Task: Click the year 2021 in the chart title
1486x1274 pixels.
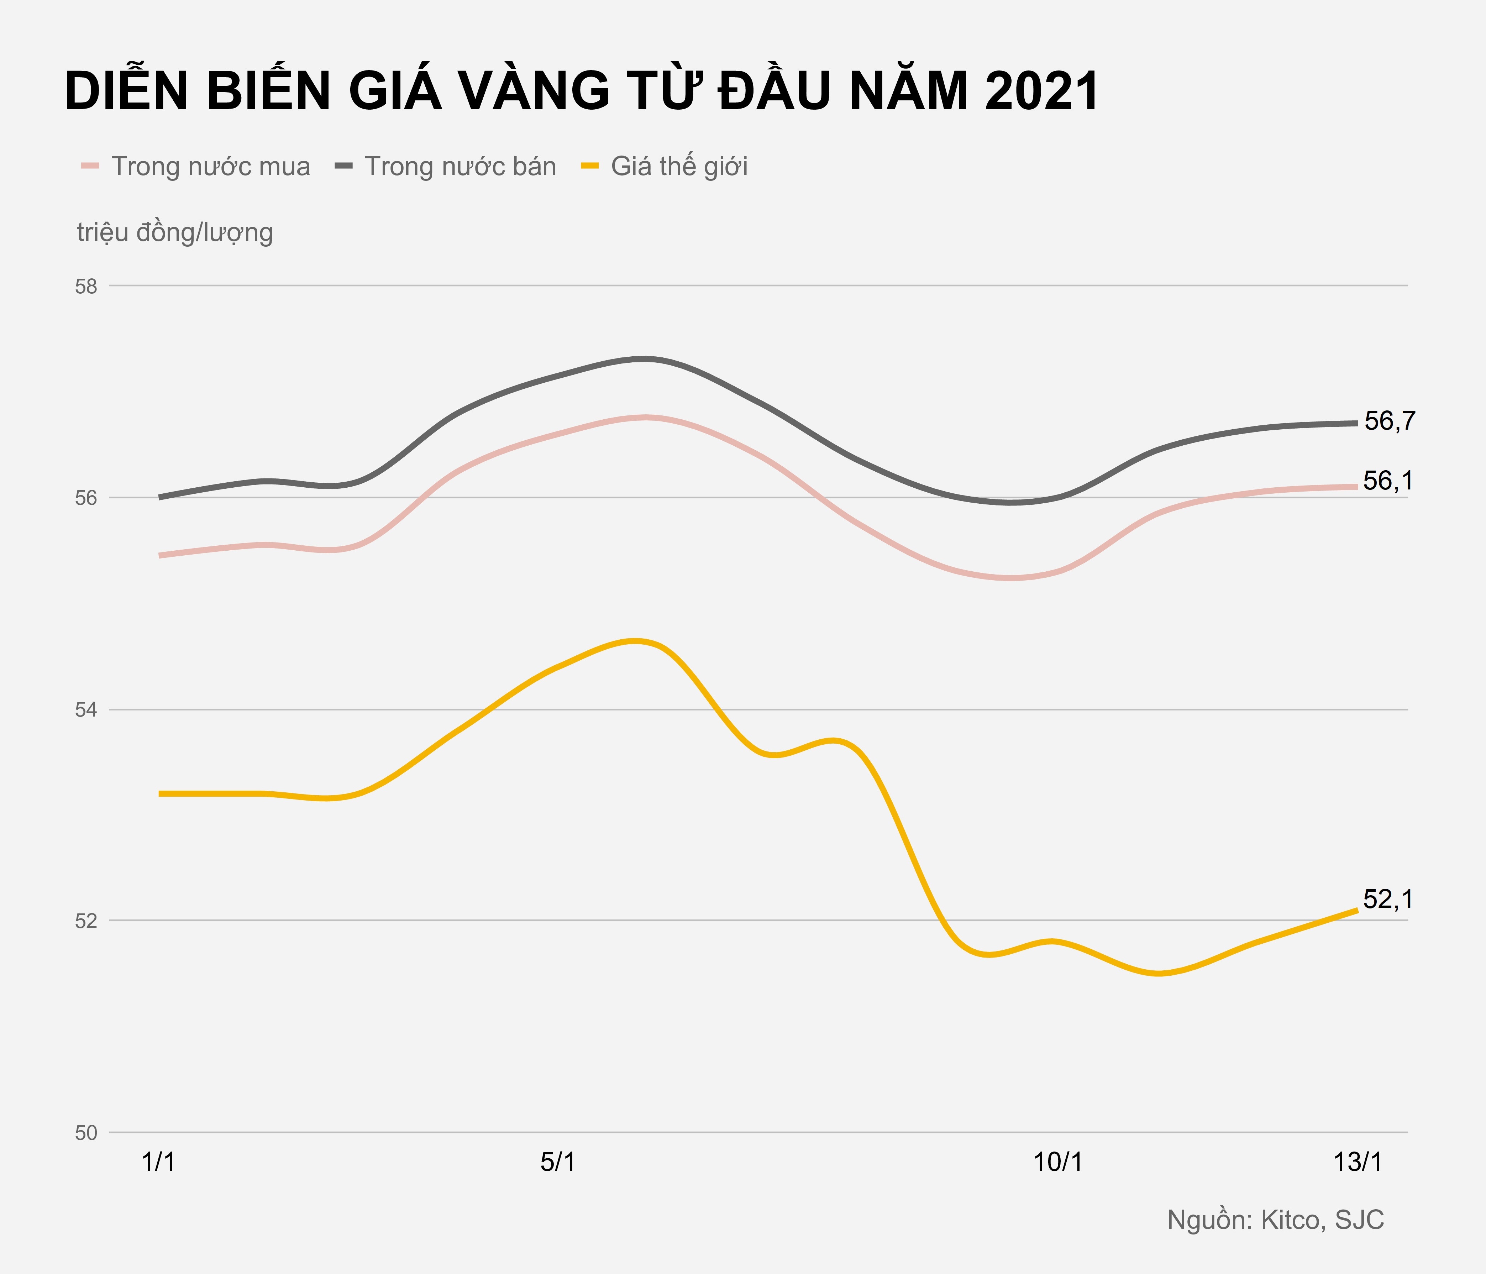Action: (1041, 92)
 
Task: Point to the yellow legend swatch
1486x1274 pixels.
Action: (589, 167)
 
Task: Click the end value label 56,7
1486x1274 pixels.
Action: (1389, 422)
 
